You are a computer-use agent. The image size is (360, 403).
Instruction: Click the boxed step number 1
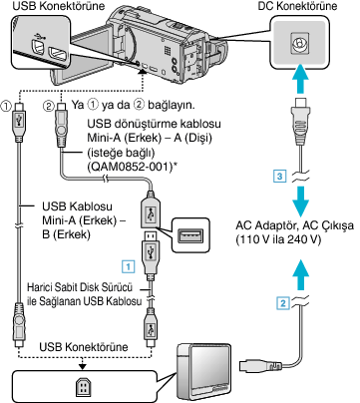(129, 266)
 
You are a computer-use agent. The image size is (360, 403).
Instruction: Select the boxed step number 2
(283, 302)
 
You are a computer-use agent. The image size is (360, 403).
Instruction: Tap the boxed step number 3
(280, 176)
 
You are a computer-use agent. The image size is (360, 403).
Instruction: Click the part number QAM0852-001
(132, 167)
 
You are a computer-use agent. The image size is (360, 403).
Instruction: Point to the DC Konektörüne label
(297, 6)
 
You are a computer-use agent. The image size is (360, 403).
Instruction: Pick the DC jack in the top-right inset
(298, 42)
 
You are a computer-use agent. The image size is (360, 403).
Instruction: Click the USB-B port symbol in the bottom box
(82, 387)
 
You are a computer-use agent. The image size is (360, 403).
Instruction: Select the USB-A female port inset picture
(189, 234)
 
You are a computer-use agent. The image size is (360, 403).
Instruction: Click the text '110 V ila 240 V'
(278, 239)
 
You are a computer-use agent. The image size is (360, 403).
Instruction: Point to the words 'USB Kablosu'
(77, 206)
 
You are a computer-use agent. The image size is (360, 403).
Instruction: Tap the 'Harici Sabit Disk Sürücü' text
(80, 286)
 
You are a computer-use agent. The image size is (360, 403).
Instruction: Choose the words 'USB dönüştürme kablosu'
(154, 124)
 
